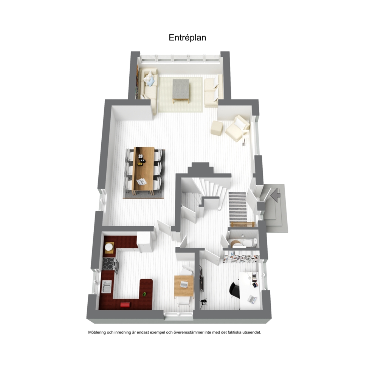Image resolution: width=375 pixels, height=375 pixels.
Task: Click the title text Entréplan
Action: (x=187, y=37)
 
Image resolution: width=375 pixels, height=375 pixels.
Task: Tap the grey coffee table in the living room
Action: (x=181, y=91)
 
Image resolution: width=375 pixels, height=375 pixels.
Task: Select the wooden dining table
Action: (x=144, y=170)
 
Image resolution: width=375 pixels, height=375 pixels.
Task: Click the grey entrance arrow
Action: (x=276, y=195)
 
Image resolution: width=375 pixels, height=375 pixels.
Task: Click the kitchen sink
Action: (x=107, y=287)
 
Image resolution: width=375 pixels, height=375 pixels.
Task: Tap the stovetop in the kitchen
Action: (x=108, y=263)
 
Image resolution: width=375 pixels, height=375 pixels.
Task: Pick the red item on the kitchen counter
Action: (x=125, y=305)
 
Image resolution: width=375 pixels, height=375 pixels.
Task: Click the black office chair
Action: (x=234, y=290)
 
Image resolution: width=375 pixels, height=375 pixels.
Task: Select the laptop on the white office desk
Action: (x=252, y=299)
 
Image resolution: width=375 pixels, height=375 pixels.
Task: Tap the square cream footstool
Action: (x=217, y=128)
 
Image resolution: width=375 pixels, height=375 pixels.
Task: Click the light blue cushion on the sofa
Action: (x=151, y=82)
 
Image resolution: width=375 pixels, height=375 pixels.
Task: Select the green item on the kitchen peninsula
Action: (x=144, y=294)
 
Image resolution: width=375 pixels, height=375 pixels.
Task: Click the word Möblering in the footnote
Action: (x=97, y=332)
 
